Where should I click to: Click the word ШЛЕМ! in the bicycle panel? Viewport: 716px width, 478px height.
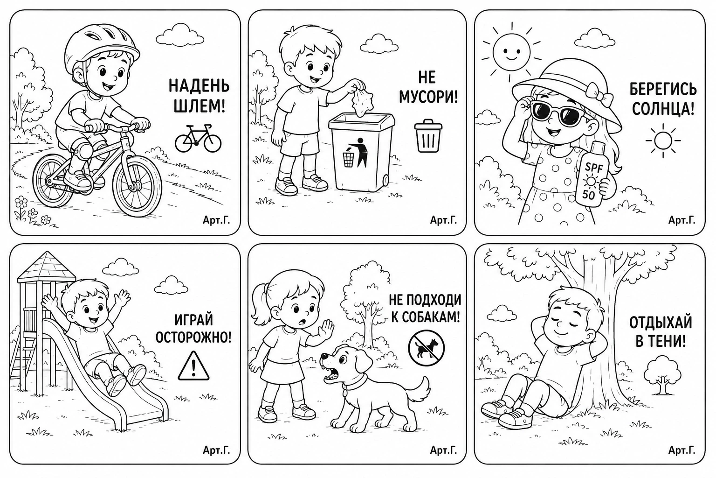200,105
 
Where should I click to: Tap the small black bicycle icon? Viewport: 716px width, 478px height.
198,138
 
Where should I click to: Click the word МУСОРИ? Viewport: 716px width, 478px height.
428,96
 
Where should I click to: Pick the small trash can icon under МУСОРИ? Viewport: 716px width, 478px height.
428,135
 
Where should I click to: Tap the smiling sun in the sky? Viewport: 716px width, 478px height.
511,52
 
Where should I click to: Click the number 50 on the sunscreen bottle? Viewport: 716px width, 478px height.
588,194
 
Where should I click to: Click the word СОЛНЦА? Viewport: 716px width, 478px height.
663,108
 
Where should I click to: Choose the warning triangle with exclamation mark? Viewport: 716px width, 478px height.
193,366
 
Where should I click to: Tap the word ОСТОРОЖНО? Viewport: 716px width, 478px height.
193,337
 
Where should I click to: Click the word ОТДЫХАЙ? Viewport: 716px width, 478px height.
661,323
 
